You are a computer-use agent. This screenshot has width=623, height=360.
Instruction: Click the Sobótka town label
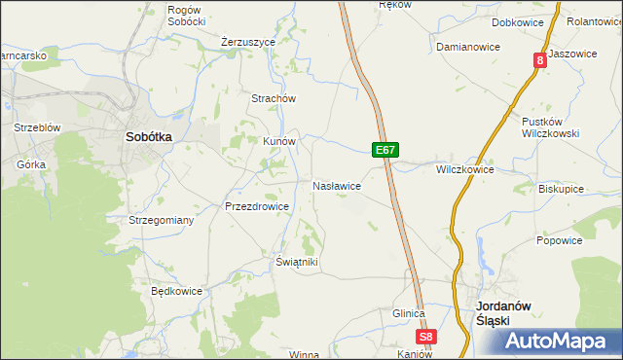[x=149, y=137]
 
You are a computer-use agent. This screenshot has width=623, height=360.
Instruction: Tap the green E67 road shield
[x=385, y=150]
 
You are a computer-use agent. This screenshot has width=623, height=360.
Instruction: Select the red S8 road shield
[x=425, y=337]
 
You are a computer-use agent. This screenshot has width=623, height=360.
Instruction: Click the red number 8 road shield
[x=538, y=60]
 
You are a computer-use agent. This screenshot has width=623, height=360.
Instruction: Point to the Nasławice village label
[x=338, y=185]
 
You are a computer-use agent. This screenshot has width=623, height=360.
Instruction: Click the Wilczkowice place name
[x=465, y=169]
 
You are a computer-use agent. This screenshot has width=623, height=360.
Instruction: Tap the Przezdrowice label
[x=257, y=206]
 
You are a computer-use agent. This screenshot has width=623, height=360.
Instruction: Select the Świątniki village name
[x=297, y=262]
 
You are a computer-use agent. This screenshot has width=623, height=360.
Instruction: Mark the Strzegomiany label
[x=162, y=220]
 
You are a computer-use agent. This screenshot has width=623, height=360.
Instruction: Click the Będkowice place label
[x=176, y=290]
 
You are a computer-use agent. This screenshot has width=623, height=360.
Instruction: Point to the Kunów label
[x=278, y=140]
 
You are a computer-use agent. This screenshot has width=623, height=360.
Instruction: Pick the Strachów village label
[x=274, y=98]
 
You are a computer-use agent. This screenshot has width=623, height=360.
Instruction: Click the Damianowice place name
[x=467, y=47]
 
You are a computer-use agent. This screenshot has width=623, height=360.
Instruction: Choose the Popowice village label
[x=559, y=240]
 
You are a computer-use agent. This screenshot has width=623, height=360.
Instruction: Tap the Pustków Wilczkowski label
[x=551, y=127]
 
